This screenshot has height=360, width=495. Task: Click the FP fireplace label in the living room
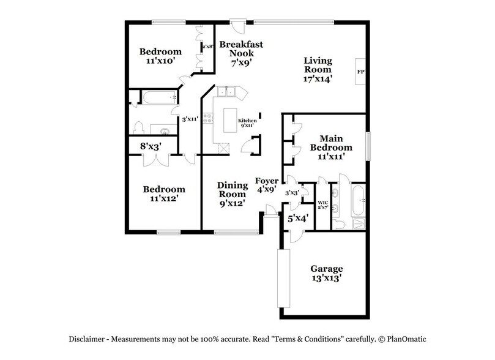(360, 72)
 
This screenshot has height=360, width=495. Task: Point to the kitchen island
(230, 120)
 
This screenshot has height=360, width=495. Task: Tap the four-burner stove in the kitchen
(208, 117)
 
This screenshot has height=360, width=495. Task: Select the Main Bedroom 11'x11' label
(330, 148)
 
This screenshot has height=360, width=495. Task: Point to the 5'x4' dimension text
(297, 217)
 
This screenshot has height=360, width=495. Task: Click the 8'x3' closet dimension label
(151, 146)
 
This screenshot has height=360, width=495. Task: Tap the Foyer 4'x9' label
(267, 186)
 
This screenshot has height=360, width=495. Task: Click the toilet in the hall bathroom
(139, 127)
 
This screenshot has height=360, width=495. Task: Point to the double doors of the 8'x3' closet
(151, 159)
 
